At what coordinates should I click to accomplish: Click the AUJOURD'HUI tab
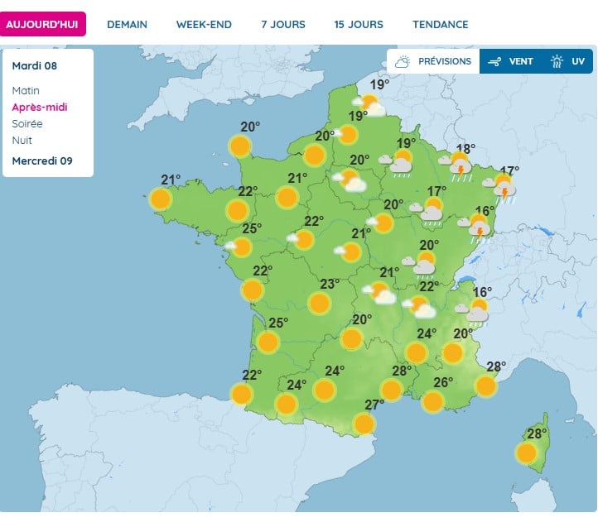42,24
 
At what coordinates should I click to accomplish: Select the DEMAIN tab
128,24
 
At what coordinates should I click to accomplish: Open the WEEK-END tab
204,24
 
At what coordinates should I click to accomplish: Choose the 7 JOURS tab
283,24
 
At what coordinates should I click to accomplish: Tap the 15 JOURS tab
359,24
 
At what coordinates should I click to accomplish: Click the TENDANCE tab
441,24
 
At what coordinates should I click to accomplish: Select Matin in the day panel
26,90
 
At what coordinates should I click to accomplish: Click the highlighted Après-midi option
40,107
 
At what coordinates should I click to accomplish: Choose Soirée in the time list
27,123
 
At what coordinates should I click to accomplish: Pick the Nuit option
22,140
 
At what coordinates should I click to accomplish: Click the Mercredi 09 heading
42,160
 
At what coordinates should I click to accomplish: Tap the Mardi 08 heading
35,65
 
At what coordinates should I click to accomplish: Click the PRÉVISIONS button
433,61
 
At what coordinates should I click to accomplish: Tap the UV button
569,61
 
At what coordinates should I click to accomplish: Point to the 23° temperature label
330,284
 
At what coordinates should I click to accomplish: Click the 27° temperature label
374,405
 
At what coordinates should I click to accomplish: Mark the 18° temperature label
465,149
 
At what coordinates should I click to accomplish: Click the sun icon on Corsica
526,453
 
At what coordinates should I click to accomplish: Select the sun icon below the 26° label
432,402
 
